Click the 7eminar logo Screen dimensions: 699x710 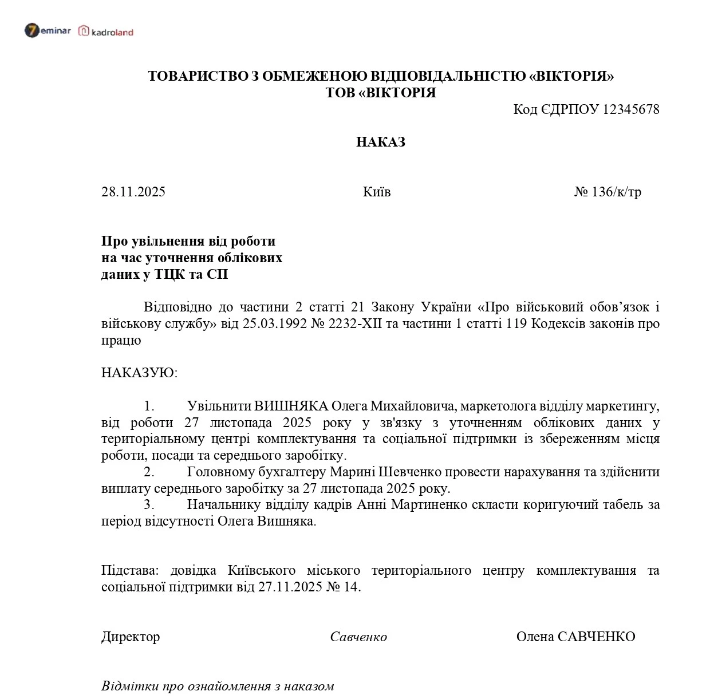coord(48,30)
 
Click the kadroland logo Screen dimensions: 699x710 coord(106,31)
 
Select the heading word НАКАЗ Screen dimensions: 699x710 coord(380,142)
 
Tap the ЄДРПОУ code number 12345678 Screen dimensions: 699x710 coord(631,109)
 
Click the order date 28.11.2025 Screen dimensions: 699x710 coord(133,192)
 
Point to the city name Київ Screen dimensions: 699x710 coord(376,192)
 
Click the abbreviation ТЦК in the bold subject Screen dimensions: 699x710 coord(170,274)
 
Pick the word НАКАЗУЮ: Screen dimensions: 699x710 coord(139,373)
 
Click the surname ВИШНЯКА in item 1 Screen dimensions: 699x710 coord(291,406)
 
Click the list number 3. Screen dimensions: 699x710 coord(149,505)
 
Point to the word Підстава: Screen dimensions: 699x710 coord(129,571)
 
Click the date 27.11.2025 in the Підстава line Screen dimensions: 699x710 coord(290,587)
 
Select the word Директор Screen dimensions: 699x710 coord(131,637)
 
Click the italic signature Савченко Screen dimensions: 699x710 coord(358,637)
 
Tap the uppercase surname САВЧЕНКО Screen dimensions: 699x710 coord(596,637)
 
